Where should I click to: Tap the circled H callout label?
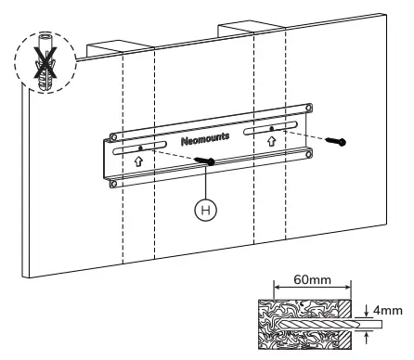coord(213,210)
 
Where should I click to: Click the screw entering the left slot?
coord(206,162)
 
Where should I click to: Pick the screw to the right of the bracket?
coord(340,142)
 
